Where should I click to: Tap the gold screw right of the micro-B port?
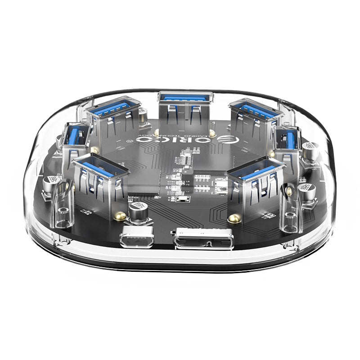[x=233, y=218]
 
